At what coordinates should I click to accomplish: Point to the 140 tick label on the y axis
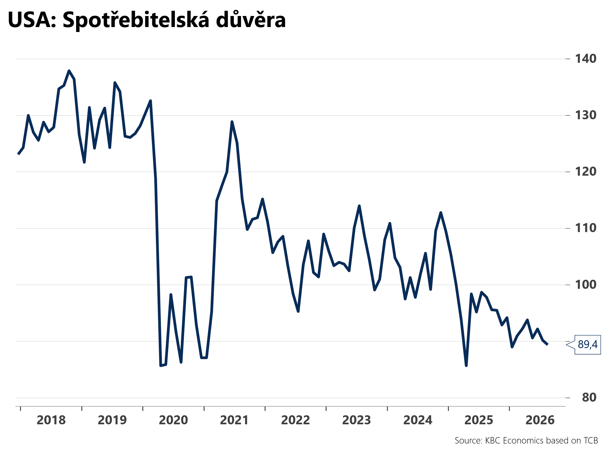click(586, 59)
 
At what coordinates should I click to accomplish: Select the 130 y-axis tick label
click(586, 115)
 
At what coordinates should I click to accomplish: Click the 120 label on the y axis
click(586, 172)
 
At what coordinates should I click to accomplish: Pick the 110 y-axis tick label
click(586, 228)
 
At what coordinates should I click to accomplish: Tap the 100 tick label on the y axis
click(586, 284)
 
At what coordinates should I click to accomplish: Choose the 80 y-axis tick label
click(589, 397)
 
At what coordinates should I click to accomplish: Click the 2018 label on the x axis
click(51, 420)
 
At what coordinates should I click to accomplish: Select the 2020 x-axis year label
click(173, 420)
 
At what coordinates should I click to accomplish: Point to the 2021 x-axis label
click(234, 420)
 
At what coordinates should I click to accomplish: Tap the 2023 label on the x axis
click(357, 420)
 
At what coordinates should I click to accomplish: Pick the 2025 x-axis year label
click(479, 420)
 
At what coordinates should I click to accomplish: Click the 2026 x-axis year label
click(540, 420)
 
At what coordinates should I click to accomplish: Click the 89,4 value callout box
click(587, 345)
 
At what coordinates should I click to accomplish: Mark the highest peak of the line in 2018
click(69, 71)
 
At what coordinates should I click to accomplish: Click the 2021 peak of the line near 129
click(232, 122)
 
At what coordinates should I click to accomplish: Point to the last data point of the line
click(547, 344)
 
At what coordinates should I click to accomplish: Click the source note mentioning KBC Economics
click(526, 441)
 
